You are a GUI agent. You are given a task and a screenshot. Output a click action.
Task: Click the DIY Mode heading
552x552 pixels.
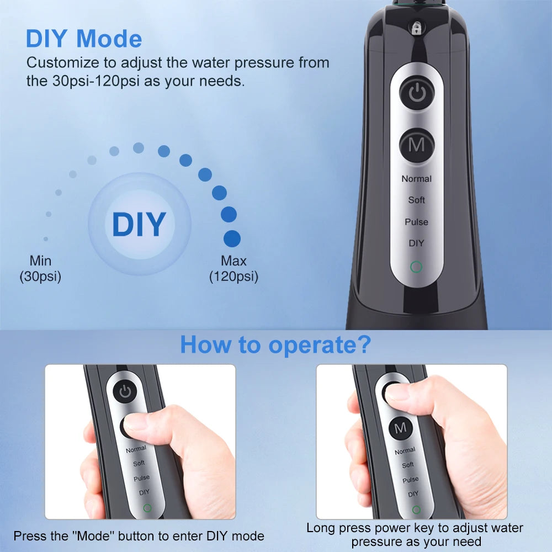[x=84, y=39]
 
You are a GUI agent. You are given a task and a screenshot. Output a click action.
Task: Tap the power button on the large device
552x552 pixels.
[x=417, y=93]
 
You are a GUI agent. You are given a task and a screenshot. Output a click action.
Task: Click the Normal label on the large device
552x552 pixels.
[x=417, y=179]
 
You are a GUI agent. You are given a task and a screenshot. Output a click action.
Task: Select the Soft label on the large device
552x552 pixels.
[x=417, y=200]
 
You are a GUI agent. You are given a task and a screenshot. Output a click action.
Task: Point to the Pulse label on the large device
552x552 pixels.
[x=417, y=222]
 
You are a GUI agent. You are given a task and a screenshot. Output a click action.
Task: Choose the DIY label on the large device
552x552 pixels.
[x=417, y=243]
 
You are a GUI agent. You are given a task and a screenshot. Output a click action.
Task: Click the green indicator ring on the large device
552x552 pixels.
[x=417, y=267]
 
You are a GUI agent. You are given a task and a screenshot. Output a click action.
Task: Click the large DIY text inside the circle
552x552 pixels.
[x=139, y=224]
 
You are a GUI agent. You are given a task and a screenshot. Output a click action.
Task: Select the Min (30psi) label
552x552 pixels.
[x=40, y=268]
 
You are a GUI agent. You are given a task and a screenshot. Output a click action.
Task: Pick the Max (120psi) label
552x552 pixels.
[x=233, y=268]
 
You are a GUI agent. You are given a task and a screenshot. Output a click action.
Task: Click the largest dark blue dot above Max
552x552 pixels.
[x=232, y=238]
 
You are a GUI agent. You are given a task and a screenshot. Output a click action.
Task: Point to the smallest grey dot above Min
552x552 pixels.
[x=45, y=239]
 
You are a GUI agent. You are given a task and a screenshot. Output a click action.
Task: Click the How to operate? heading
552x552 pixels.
[x=275, y=344]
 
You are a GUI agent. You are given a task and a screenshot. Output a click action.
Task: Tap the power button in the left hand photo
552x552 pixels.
[x=125, y=392]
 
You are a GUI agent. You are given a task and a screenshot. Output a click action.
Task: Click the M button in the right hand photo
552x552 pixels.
[x=400, y=428]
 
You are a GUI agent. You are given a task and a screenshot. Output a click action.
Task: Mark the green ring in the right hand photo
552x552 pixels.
[x=416, y=509]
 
